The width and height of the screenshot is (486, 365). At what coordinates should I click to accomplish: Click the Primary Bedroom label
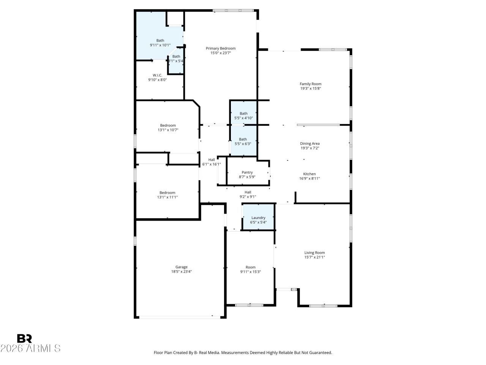[221, 48]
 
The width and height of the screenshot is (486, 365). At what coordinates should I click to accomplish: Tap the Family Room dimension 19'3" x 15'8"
[311, 89]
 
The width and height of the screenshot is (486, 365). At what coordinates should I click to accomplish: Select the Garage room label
[181, 267]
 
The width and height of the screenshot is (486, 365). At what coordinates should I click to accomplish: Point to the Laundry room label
[258, 218]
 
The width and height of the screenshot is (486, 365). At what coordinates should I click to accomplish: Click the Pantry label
[247, 172]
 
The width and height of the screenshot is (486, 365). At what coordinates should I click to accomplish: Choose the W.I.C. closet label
[158, 75]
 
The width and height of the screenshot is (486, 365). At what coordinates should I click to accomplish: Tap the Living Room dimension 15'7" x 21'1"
[314, 257]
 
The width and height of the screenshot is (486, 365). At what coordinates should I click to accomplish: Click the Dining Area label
[310, 143]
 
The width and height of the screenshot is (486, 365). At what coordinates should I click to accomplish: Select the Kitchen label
[309, 174]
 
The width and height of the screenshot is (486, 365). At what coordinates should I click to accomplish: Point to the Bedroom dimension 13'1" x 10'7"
[168, 130]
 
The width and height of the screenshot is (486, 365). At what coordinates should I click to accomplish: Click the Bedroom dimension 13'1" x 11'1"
[167, 197]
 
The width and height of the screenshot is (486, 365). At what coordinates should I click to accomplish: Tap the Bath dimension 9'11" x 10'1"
[160, 45]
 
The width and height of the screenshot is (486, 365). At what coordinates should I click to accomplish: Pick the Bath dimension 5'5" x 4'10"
[243, 118]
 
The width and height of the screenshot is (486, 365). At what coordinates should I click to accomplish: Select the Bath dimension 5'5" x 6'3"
[243, 144]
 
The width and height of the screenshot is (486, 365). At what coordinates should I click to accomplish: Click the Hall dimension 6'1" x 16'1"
[211, 164]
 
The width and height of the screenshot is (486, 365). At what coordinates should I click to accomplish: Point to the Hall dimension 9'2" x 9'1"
[248, 197]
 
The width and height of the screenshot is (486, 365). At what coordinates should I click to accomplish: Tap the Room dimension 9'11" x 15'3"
[250, 272]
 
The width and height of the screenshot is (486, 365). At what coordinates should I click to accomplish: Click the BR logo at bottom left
[24, 338]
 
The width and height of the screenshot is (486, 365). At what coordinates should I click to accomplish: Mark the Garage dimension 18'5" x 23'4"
[181, 271]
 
